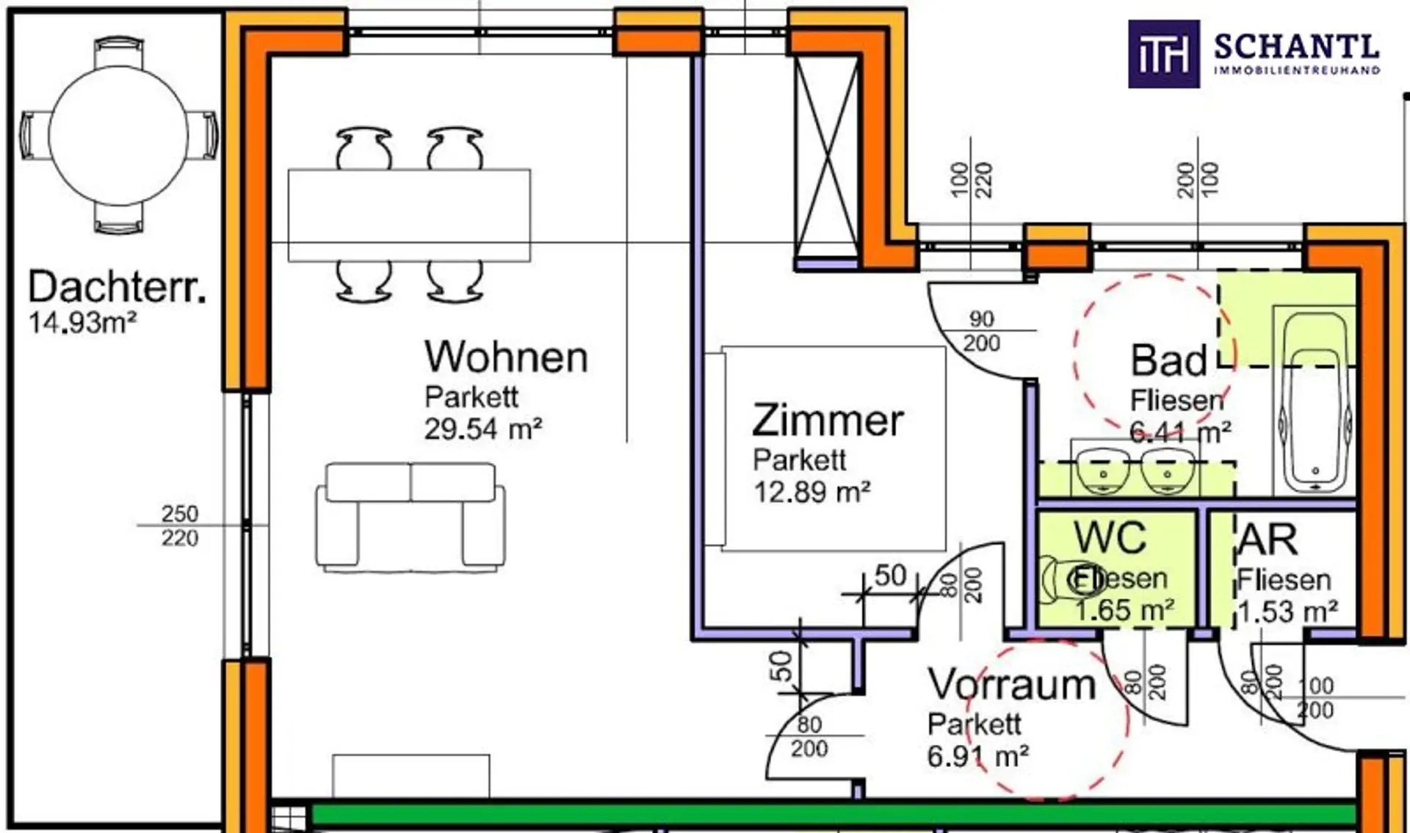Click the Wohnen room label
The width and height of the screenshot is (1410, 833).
[506, 357]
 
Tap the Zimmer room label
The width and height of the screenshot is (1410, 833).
[828, 421]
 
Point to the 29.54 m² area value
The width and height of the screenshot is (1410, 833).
[483, 429]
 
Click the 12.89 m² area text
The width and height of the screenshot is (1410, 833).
[811, 492]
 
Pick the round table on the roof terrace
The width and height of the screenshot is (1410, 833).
[118, 136]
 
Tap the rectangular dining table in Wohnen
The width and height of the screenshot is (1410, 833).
[409, 215]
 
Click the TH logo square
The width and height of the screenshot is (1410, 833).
[1163, 54]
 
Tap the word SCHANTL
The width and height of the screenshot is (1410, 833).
[1296, 47]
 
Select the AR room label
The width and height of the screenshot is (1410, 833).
[1267, 540]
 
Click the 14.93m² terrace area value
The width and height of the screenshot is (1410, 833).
[82, 323]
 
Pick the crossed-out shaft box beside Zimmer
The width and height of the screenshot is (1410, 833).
[827, 157]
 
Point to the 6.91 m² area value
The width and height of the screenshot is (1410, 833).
[977, 756]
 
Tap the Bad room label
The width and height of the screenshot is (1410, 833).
[1168, 360]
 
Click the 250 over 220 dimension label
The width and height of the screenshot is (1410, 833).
[180, 525]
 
